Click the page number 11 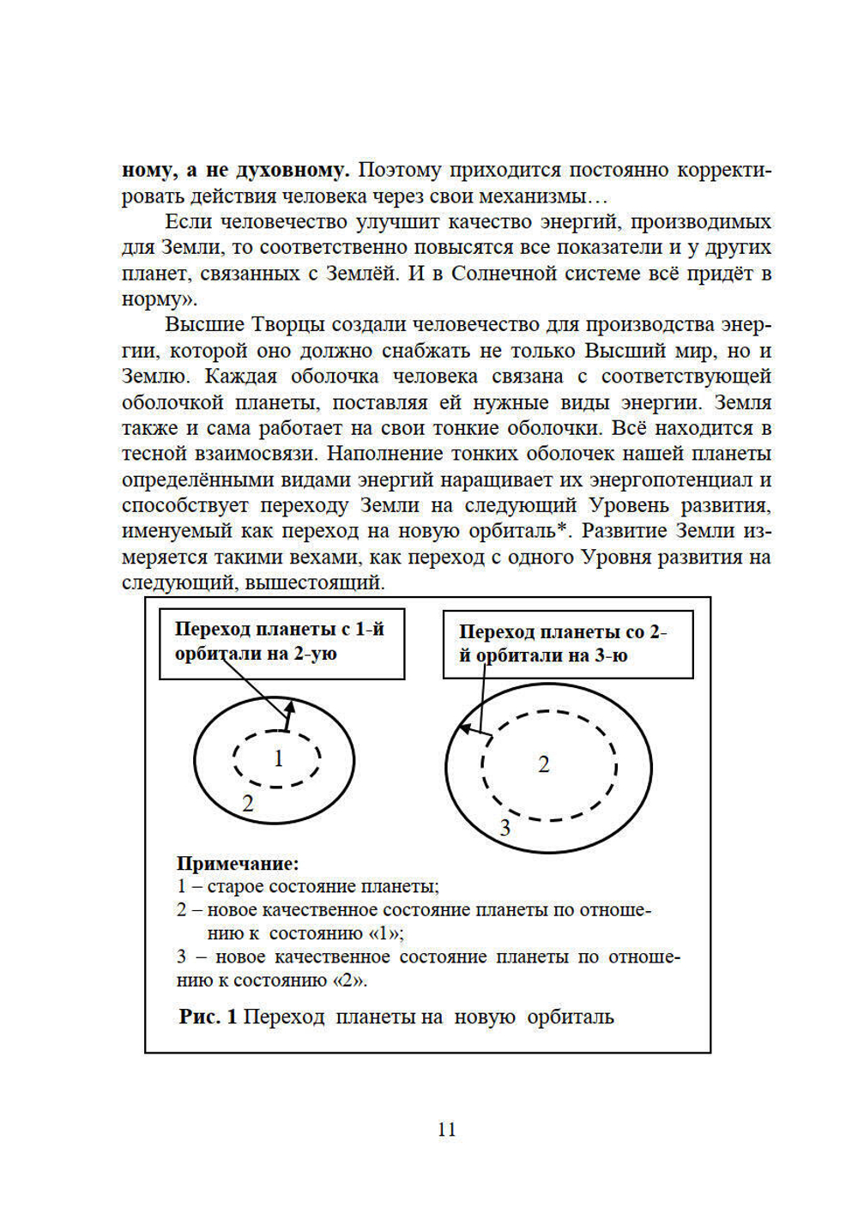click(x=446, y=1129)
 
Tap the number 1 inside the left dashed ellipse click(x=278, y=758)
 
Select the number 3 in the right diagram click(x=505, y=828)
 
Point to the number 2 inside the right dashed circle click(x=543, y=764)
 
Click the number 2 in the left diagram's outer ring click(x=248, y=804)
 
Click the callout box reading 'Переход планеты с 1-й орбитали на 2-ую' click(x=281, y=643)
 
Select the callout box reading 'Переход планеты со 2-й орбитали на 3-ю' click(x=567, y=645)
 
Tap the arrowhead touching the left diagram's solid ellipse click(x=290, y=706)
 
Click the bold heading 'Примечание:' click(x=238, y=863)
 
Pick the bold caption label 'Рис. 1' click(x=208, y=1017)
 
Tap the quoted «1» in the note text click(x=385, y=933)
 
